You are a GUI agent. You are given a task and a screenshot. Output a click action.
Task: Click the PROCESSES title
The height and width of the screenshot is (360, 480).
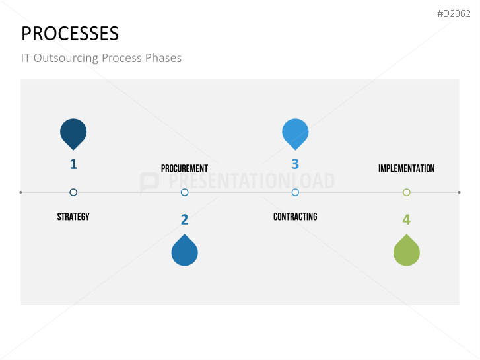pyautogui.click(x=70, y=34)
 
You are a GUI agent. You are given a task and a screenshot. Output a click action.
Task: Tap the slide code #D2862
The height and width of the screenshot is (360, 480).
pyautogui.click(x=454, y=13)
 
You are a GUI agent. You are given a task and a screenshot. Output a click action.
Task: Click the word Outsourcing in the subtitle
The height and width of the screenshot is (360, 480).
pyautogui.click(x=66, y=58)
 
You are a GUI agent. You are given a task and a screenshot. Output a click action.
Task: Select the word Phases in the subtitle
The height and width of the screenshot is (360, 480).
pyautogui.click(x=163, y=58)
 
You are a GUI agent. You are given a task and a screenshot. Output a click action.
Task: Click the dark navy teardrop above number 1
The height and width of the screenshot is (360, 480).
pyautogui.click(x=73, y=133)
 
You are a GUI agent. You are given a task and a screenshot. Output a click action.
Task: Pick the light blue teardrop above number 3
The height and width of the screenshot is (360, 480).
pyautogui.click(x=295, y=133)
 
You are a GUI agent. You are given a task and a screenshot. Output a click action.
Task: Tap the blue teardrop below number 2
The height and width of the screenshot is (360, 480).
pyautogui.click(x=185, y=251)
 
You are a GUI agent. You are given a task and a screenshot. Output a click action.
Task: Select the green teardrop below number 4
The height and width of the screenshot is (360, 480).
pyautogui.click(x=407, y=251)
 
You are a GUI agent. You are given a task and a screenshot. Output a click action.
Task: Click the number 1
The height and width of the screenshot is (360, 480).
pyautogui.click(x=73, y=164)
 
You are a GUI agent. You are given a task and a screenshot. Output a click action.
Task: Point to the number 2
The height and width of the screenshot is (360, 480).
pyautogui.click(x=184, y=219)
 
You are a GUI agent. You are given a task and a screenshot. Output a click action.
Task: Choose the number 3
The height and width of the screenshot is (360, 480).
pyautogui.click(x=295, y=164)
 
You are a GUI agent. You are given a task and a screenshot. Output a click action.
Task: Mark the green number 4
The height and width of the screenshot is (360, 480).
pyautogui.click(x=407, y=219)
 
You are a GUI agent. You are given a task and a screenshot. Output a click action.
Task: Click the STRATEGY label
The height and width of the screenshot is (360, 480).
pyautogui.click(x=73, y=217)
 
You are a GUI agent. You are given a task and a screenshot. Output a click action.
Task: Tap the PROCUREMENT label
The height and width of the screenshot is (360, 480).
pyautogui.click(x=184, y=168)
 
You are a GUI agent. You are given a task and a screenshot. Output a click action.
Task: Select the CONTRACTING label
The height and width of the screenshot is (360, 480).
pyautogui.click(x=295, y=217)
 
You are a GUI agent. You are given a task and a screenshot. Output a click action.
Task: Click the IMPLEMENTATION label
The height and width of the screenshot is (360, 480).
pyautogui.click(x=406, y=168)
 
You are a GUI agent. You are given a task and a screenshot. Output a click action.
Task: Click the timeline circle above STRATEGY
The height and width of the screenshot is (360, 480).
pyautogui.click(x=73, y=189)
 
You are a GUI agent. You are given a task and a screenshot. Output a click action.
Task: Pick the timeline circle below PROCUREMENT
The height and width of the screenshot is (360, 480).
pyautogui.click(x=184, y=189)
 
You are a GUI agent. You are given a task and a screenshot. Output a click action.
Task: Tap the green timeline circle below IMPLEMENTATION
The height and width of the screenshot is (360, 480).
pyautogui.click(x=407, y=189)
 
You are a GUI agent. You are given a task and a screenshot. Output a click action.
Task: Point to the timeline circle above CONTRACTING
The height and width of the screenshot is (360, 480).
pyautogui.click(x=295, y=189)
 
